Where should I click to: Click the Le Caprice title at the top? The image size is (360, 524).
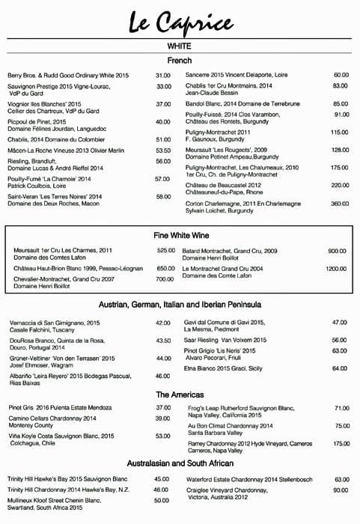180,20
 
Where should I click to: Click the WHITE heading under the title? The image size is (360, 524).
180,46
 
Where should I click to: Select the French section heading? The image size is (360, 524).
180,60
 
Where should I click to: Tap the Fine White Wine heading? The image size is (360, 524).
180,234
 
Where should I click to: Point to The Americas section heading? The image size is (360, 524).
180,394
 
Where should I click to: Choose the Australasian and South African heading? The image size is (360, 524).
180,464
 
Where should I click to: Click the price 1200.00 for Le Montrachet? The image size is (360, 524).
335,268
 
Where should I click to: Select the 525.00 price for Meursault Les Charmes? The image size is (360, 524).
165,250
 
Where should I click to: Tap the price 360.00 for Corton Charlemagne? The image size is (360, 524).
340,204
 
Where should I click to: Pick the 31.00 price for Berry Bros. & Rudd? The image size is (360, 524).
163,76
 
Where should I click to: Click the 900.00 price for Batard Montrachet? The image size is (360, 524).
337,250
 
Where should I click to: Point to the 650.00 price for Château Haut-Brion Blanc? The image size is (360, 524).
165,268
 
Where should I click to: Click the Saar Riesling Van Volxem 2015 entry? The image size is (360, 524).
225,339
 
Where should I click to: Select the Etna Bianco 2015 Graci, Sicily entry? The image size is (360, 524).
224,368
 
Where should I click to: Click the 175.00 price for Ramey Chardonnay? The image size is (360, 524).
341,443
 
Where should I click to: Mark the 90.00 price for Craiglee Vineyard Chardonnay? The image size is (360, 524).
341,490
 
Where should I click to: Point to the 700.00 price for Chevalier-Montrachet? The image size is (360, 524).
165,279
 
